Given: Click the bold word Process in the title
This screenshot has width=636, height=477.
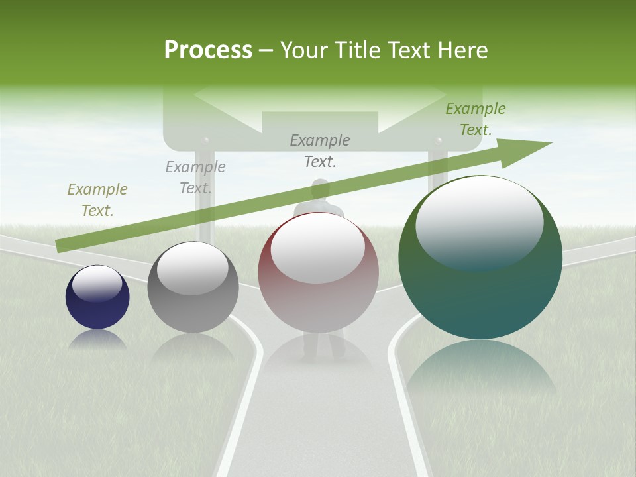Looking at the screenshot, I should (x=208, y=50).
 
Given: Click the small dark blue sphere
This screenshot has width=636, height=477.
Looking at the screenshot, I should (x=97, y=297).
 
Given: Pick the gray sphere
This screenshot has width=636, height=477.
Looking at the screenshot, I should (x=193, y=288).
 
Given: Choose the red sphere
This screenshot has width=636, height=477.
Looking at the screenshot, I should (x=318, y=272).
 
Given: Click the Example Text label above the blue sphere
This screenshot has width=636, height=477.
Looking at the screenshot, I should (x=97, y=200).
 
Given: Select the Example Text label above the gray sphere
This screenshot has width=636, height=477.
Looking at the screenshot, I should (x=195, y=178).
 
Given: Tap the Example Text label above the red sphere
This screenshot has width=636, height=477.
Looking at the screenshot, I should (x=320, y=150).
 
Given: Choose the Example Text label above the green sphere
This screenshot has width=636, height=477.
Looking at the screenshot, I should (x=476, y=119).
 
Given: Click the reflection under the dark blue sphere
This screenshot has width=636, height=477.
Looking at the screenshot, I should (x=97, y=340).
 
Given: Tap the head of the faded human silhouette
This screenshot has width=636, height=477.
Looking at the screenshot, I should (x=321, y=189).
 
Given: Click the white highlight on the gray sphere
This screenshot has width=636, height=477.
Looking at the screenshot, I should (x=193, y=268).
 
